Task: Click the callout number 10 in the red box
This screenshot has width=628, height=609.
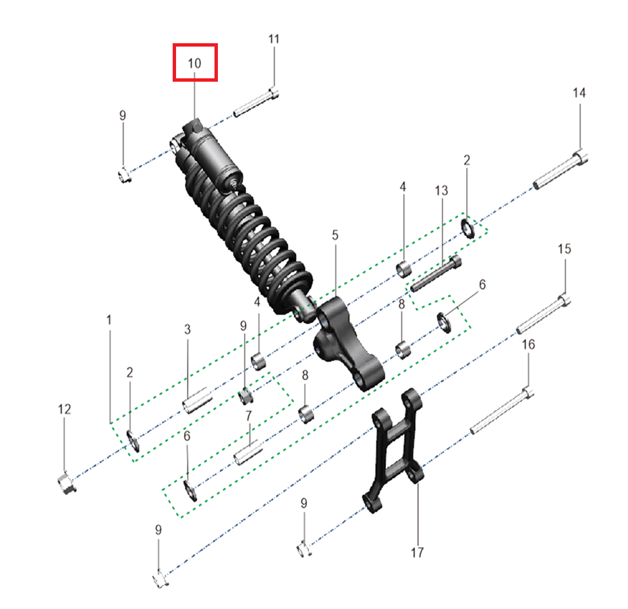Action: [x=195, y=63]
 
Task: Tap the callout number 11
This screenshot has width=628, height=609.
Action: [x=274, y=39]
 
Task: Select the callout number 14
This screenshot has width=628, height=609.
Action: [x=579, y=93]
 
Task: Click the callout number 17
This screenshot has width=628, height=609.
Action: [x=417, y=552]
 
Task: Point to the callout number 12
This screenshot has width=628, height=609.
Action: [x=65, y=409]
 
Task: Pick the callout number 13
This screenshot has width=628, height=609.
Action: [x=441, y=190]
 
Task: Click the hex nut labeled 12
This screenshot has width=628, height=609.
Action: [x=67, y=483]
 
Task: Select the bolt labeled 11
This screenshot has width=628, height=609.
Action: [x=256, y=103]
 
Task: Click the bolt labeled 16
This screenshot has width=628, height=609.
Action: [x=502, y=411]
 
